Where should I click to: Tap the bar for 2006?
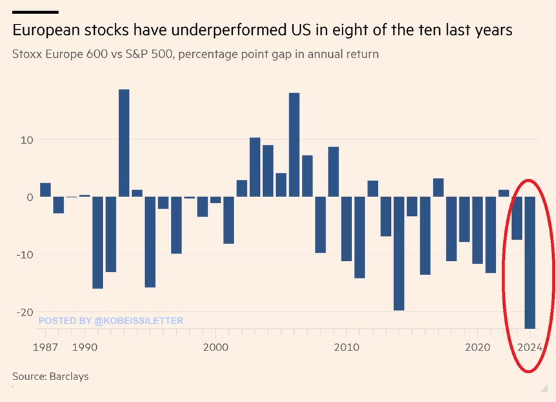click(294, 145)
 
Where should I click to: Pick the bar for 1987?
click(45, 190)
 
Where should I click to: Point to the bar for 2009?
click(333, 172)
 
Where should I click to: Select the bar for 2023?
click(517, 218)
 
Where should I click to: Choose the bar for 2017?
click(438, 187)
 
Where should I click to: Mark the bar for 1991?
click(97, 242)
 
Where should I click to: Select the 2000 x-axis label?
click(215, 347)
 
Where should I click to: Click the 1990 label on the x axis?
click(84, 347)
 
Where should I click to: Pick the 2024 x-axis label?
click(530, 347)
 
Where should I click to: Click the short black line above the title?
click(35, 12)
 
